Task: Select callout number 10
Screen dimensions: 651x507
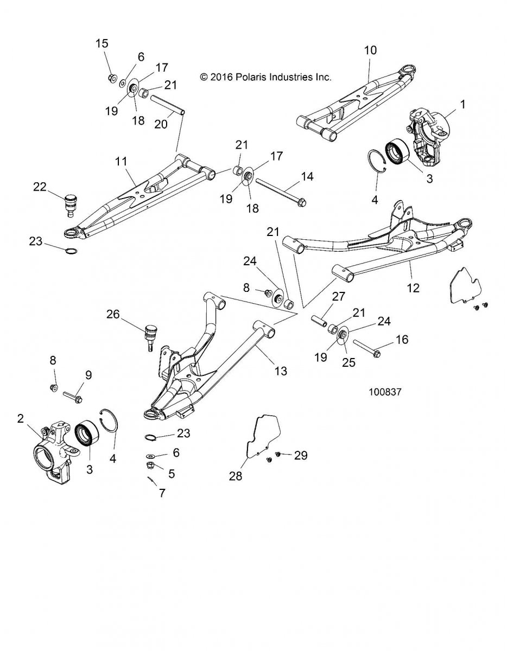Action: (x=370, y=50)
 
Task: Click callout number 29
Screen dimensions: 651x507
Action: (x=300, y=456)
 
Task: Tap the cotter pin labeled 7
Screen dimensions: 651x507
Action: (x=151, y=480)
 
